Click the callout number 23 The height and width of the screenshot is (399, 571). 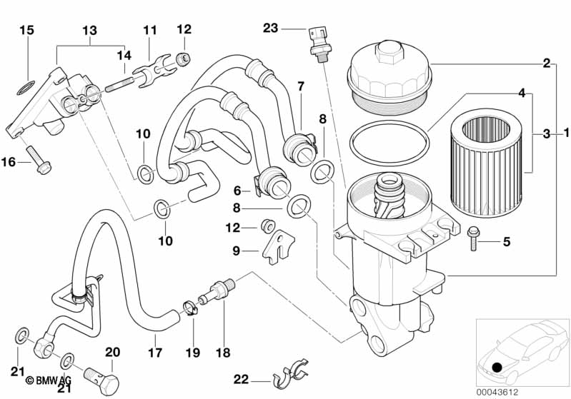point(269,29)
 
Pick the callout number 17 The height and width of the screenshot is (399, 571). point(155,353)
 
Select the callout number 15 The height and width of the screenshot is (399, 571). point(26,30)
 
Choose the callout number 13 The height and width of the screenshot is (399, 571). point(89,30)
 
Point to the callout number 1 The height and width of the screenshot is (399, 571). point(565,133)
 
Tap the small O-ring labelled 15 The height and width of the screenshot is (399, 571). point(26,89)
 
